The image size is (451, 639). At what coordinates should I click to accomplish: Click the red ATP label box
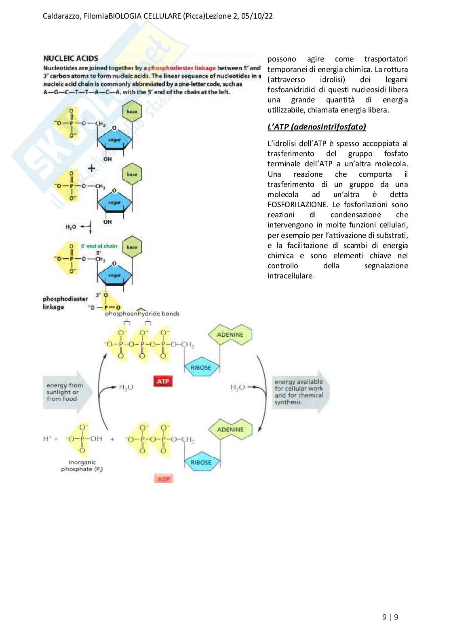coord(163,382)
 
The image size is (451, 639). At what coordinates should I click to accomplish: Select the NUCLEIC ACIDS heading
coord(71,58)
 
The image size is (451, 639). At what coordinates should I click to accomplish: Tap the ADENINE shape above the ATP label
coord(230,335)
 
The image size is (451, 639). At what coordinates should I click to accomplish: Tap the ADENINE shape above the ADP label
coord(230,430)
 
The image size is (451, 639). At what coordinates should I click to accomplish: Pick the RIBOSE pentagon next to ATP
coord(201,368)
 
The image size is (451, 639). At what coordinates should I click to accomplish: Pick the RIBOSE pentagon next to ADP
coord(201,463)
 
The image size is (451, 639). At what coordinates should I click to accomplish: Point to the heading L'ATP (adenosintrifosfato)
coord(316,127)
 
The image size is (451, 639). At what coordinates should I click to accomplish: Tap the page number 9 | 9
coord(390,617)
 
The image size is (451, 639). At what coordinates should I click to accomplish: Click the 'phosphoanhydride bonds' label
coord(142,314)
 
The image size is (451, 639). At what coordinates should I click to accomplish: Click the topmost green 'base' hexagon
coord(132,112)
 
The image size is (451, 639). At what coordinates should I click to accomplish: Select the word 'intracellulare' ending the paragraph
coord(291,276)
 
